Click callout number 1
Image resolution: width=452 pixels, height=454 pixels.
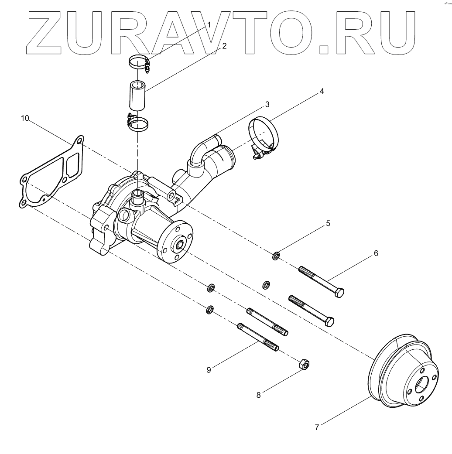pos(209,25)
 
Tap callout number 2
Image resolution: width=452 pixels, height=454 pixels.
pos(224,45)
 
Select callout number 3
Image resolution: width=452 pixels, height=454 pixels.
pos(267,105)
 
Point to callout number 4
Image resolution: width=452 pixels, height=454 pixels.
pos(322,92)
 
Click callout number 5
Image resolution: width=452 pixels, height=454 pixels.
pos(328,223)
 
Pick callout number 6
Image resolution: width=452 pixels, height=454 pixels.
pos(375,253)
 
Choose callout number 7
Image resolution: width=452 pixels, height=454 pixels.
pos(317,427)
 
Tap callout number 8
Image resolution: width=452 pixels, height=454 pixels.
pos(258,395)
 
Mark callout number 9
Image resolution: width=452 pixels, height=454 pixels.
pos(209,370)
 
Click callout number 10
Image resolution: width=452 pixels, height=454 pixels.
pos(25,118)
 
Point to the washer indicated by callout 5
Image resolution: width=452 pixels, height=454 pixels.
pos(276,255)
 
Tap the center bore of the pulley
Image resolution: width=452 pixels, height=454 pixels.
pos(422,385)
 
